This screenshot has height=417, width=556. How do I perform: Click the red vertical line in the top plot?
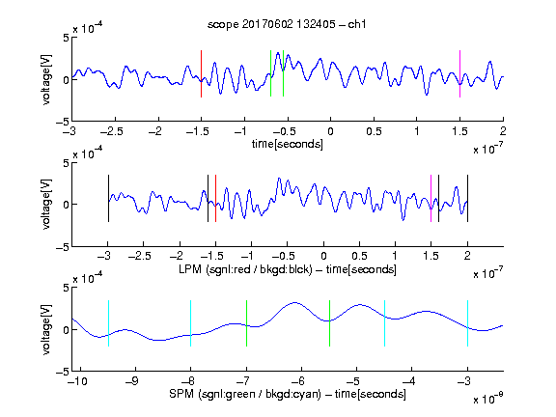point(201,73)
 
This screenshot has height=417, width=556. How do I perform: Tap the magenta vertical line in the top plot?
point(459,73)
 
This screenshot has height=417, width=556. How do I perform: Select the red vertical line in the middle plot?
point(215,199)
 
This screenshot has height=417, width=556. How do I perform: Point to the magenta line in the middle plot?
point(431,199)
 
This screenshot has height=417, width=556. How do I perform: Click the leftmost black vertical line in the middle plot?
point(108,199)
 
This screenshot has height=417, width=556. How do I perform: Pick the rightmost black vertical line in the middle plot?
point(467,199)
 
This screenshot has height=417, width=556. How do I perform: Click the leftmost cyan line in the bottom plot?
point(108,323)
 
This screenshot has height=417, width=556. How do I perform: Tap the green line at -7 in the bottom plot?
point(246,323)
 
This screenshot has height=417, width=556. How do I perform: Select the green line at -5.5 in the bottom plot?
point(329,323)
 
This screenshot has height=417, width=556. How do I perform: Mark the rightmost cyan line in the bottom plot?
point(467,323)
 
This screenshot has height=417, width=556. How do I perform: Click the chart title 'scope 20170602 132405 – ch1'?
point(287,24)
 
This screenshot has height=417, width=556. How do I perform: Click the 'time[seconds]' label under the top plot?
point(288,144)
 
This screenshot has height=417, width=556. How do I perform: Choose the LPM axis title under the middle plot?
point(288,269)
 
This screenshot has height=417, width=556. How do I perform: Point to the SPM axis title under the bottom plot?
point(288,394)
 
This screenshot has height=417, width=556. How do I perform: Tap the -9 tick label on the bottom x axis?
point(132,381)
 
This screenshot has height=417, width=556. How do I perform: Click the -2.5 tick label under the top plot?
point(112,131)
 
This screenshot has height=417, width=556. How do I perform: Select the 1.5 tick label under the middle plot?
point(431,256)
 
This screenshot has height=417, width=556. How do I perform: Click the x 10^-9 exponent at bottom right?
point(488,399)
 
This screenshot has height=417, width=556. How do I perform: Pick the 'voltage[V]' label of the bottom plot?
point(46,329)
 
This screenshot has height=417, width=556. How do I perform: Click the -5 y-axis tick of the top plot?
point(63,122)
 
